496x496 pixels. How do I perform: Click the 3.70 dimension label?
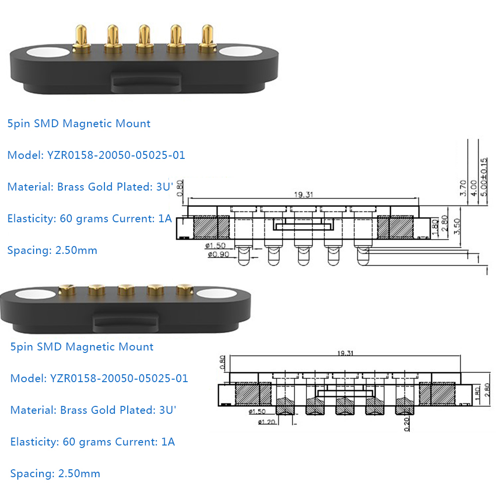[462, 188]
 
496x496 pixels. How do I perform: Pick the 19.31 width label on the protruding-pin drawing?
[303, 195]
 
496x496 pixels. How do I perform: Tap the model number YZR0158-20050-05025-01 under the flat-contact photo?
[119, 379]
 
